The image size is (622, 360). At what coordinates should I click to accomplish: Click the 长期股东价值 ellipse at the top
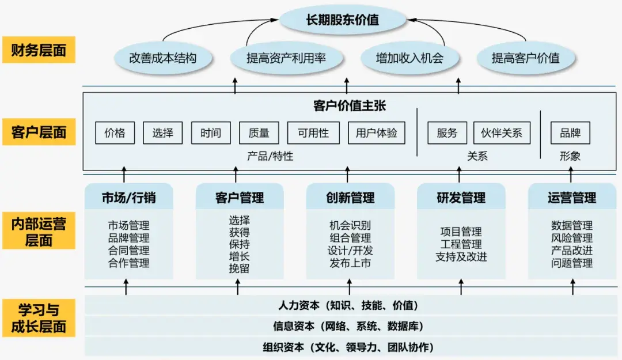click(x=342, y=20)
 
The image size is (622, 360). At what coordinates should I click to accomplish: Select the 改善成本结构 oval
click(x=163, y=58)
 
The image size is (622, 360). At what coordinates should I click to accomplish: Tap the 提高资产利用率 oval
click(x=286, y=58)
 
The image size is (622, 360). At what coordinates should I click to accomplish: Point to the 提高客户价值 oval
click(x=525, y=58)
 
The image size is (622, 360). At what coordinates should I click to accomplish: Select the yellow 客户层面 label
click(x=39, y=132)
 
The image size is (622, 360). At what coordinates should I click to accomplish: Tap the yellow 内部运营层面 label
click(x=39, y=232)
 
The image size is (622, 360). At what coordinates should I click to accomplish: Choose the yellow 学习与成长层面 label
click(x=39, y=319)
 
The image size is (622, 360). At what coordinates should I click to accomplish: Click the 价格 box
click(x=115, y=133)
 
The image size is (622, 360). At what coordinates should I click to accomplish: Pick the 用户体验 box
click(x=376, y=133)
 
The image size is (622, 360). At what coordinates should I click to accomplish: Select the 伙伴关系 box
click(x=501, y=133)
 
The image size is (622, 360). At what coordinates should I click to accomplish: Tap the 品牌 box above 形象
click(x=570, y=133)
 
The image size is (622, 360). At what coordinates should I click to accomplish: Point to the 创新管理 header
click(x=350, y=198)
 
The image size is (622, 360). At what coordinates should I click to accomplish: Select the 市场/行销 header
click(x=128, y=198)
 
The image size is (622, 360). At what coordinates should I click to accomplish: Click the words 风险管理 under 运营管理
click(x=571, y=238)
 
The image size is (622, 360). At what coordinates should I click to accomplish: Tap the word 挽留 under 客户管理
click(x=239, y=268)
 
